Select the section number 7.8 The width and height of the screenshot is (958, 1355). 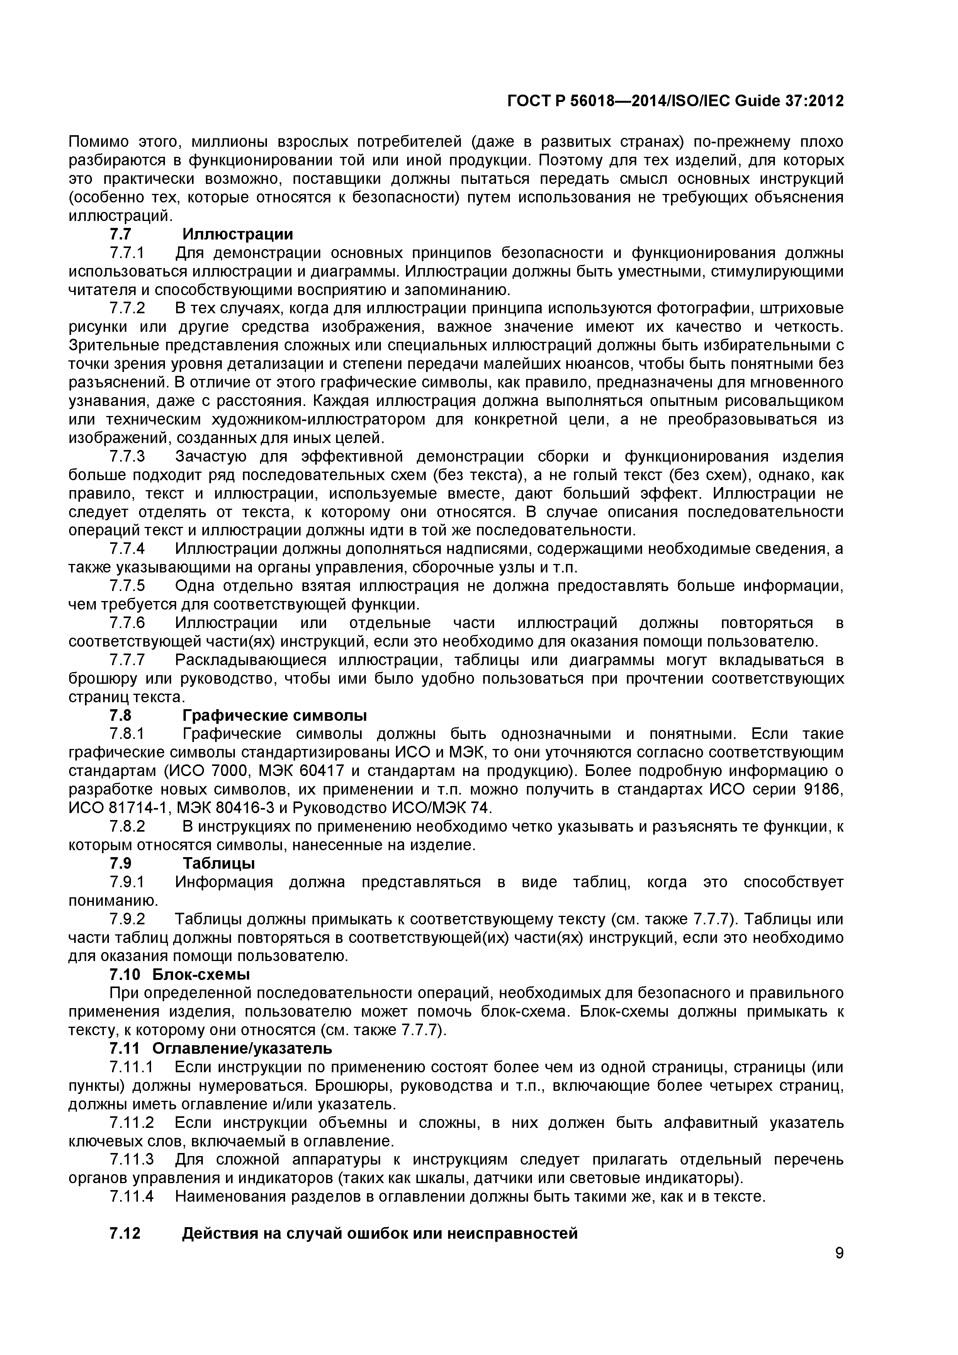pos(121,715)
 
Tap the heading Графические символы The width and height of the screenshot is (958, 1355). pos(275,715)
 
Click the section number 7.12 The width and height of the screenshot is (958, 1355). pos(125,1233)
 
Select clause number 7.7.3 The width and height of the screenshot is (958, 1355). pos(127,456)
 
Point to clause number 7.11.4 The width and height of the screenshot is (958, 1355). pos(131,1196)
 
